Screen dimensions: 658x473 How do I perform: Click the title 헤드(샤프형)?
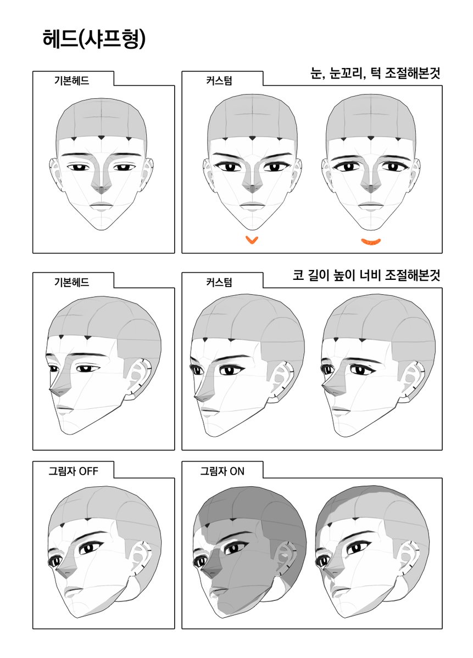pyautogui.click(x=93, y=40)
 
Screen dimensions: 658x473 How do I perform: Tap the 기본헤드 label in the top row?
pyautogui.click(x=71, y=80)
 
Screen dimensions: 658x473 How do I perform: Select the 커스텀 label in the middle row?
pyautogui.click(x=219, y=282)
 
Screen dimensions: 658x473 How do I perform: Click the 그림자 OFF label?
pyautogui.click(x=73, y=471)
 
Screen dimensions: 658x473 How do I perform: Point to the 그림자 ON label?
pyautogui.click(x=222, y=471)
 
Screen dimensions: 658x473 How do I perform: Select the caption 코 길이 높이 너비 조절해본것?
pyautogui.click(x=366, y=277)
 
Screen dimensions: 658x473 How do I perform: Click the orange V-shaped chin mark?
pyautogui.click(x=252, y=240)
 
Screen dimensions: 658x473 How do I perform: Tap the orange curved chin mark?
pyautogui.click(x=371, y=241)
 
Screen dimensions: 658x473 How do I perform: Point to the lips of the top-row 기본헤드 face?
pyautogui.click(x=101, y=206)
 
